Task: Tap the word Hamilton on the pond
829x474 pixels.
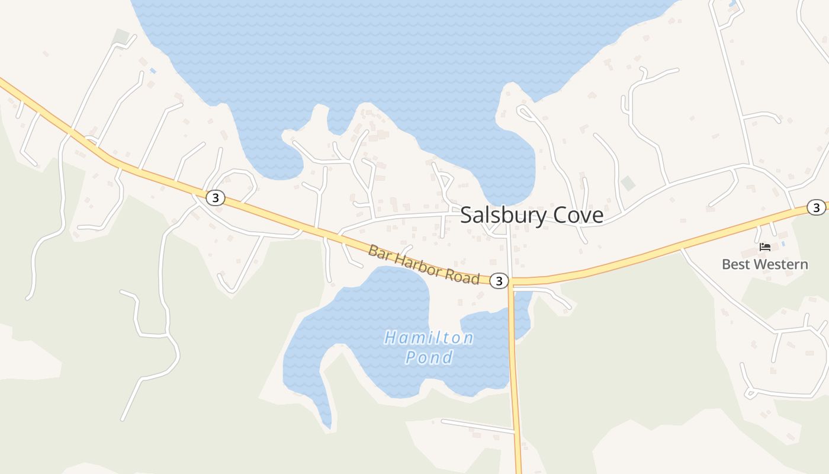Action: click(x=429, y=338)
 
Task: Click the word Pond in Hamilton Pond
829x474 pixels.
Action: click(x=429, y=357)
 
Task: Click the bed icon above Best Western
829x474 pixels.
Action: click(x=765, y=246)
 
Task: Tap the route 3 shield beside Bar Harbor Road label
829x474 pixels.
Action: click(x=499, y=281)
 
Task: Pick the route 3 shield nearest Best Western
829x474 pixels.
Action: click(x=817, y=207)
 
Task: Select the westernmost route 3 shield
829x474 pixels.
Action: click(x=216, y=198)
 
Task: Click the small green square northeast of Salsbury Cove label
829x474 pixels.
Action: click(x=628, y=183)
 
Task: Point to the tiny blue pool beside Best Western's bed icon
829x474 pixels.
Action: click(x=783, y=244)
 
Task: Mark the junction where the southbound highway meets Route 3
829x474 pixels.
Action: click(x=510, y=281)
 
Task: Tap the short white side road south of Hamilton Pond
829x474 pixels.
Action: click(x=477, y=425)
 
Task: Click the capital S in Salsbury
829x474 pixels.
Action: click(x=466, y=216)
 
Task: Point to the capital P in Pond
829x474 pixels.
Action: click(x=411, y=357)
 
